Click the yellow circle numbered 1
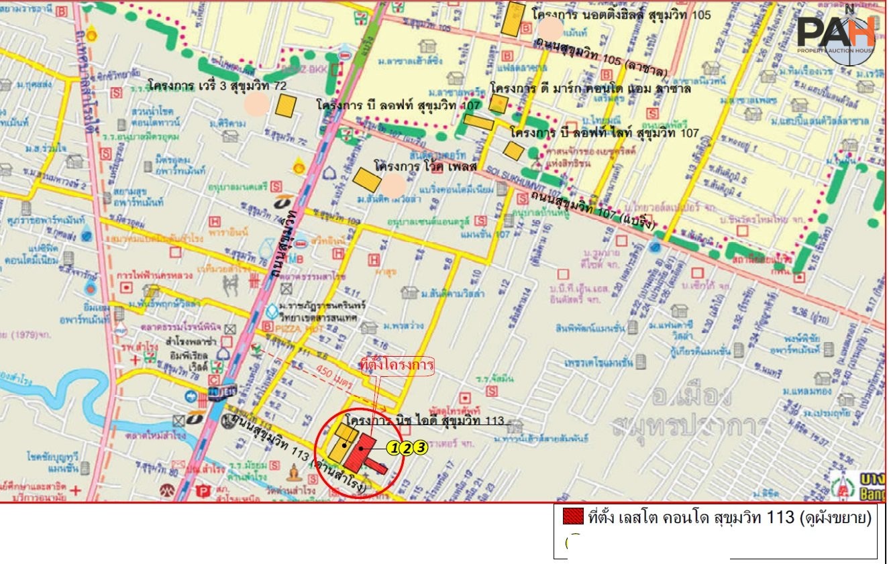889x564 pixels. (x=394, y=448)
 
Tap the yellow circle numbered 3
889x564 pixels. (x=420, y=447)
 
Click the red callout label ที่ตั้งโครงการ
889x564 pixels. (x=397, y=367)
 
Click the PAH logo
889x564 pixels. (x=837, y=34)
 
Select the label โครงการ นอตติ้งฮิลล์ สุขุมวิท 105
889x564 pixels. (x=621, y=13)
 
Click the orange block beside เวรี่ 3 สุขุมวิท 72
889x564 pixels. (x=286, y=106)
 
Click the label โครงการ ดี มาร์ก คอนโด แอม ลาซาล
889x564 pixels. (x=590, y=89)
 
